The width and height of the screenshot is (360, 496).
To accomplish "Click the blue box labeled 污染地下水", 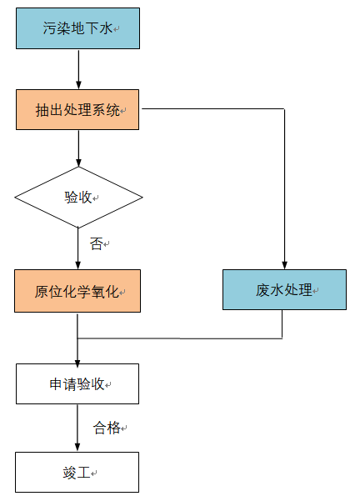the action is point(77,28).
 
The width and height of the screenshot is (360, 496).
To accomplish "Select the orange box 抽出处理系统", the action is point(77,109).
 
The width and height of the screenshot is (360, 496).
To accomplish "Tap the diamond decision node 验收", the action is point(78,198).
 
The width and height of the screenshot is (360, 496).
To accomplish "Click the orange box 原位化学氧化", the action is point(77,291).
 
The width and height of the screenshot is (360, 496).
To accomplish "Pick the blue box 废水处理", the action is point(284,290).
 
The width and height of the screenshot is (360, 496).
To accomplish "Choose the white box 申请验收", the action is point(77,383).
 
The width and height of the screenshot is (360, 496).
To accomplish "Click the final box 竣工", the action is point(77,472).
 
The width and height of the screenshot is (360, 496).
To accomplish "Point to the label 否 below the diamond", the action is point(96,244).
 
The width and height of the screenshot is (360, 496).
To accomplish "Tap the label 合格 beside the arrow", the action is point(107,428).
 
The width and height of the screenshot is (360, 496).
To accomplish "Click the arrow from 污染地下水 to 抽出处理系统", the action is point(79,69).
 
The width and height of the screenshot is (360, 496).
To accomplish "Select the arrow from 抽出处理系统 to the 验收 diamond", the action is point(79,148).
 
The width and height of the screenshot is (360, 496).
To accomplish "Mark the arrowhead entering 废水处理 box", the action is point(284,265).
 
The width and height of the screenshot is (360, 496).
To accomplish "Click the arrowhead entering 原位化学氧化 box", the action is point(78,265).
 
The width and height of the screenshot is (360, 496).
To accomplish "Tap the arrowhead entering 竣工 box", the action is point(77,447).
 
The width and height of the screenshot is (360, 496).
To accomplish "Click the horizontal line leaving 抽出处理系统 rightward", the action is point(213,109).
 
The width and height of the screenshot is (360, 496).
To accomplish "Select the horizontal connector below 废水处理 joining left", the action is point(180,338).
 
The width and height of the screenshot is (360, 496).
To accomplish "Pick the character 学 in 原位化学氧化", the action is point(84,292).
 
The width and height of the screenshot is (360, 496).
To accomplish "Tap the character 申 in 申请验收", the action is point(56,384).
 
